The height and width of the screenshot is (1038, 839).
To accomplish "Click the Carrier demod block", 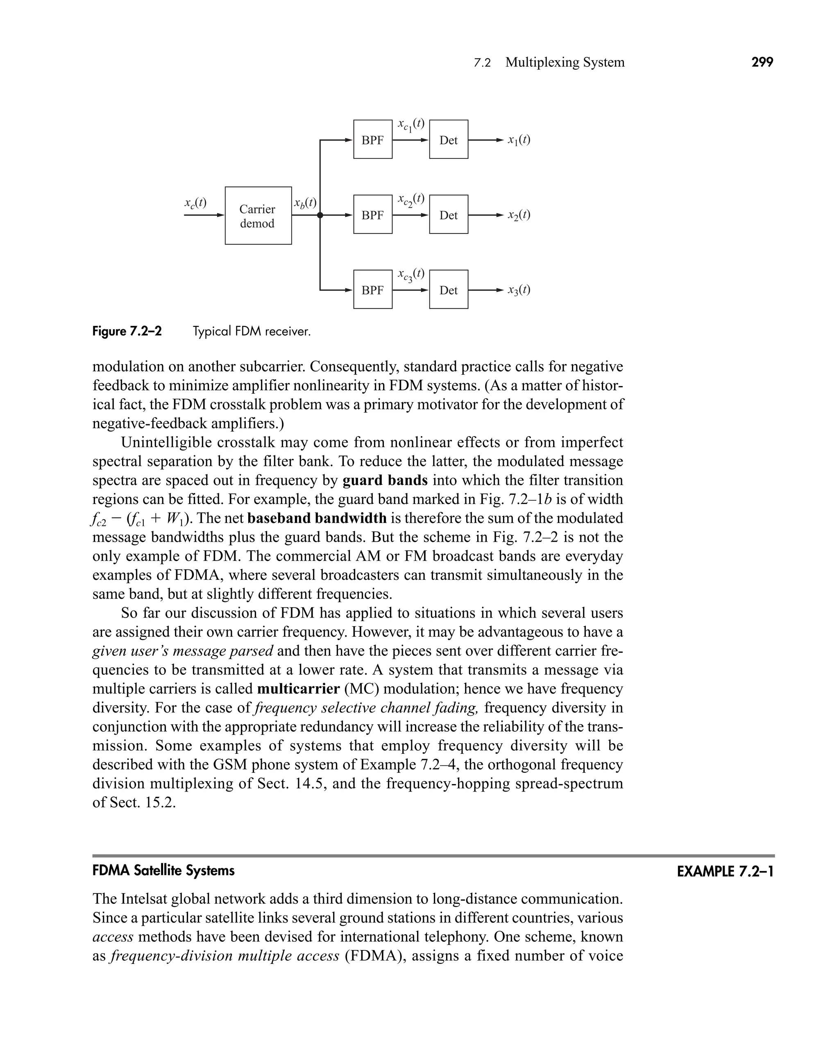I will coord(258,215).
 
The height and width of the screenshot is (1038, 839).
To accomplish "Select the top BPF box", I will coord(373,139).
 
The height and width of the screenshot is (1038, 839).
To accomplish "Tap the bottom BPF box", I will coord(373,289).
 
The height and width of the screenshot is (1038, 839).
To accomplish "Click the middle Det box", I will coord(449,215).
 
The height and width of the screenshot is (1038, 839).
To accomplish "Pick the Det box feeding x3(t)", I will coord(449,289).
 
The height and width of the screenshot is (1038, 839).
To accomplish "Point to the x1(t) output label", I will coord(519,140).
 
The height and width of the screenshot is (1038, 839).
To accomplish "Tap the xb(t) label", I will coord(305,203).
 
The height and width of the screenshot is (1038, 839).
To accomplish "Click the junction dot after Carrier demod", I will coord(320,215).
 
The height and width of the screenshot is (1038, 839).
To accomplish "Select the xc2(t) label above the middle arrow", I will coord(411,199).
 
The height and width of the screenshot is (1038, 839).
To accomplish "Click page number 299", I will coord(762,62).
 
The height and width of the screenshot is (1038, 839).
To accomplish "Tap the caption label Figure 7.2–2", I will coord(127,331).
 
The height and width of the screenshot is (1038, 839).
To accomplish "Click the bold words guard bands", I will coord(385,480).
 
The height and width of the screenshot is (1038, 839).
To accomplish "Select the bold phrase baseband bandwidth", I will coord(317,518).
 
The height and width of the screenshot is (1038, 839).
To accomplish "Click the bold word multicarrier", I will coord(298,689).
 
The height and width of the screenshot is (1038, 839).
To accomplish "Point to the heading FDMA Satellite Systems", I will coord(163,871).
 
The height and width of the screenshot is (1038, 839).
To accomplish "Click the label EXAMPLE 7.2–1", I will coord(725,871).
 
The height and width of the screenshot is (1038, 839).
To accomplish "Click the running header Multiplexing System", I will coord(565,62).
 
